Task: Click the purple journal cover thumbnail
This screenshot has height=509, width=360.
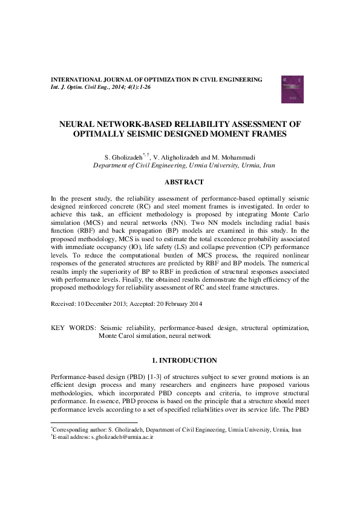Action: click(289, 86)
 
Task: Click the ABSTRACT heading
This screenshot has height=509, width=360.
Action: click(180, 182)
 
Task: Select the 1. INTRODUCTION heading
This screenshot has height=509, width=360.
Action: click(180, 360)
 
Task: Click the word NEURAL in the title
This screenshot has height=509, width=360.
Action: click(79, 123)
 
